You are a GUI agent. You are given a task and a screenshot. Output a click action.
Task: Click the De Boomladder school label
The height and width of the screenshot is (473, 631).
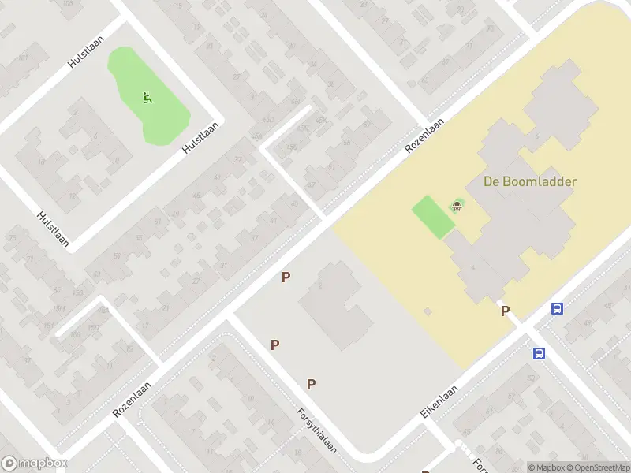(530, 181)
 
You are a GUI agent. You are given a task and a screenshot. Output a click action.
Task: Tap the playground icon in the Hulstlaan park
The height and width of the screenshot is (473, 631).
(147, 99)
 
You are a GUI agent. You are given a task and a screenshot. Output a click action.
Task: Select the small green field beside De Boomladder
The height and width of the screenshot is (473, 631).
(433, 216)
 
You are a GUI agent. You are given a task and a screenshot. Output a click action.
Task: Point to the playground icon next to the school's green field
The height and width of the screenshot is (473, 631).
(457, 207)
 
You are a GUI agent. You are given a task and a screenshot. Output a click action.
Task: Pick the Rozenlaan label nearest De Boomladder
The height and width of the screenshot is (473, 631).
(424, 136)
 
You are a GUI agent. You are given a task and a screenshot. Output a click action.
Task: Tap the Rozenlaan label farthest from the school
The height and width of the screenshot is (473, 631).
(132, 400)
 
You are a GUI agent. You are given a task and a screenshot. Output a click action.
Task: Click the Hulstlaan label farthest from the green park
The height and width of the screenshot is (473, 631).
(53, 229)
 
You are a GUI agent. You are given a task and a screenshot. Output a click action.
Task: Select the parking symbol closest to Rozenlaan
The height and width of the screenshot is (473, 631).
(286, 277)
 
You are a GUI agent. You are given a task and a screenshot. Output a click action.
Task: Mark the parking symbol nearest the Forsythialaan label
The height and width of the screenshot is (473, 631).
(312, 384)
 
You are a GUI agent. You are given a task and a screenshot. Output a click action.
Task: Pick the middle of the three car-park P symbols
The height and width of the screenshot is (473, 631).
(275, 345)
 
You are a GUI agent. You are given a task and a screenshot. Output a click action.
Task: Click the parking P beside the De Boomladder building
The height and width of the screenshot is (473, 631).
(505, 311)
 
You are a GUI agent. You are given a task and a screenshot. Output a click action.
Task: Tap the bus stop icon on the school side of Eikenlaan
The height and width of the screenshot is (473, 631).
(558, 308)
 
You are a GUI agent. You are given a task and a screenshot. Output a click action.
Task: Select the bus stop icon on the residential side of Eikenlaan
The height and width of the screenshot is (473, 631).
(540, 353)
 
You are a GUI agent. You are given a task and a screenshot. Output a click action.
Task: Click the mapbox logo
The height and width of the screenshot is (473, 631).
(35, 464)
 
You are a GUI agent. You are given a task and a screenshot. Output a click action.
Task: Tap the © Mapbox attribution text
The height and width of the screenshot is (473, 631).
(547, 467)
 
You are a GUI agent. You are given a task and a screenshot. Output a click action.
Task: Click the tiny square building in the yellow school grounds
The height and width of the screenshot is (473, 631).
(428, 311)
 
